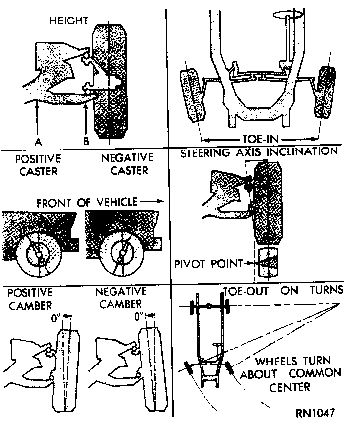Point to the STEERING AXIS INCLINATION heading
point(259,151)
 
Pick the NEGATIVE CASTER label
point(127,165)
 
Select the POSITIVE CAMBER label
point(30,299)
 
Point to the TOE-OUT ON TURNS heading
point(284,291)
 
